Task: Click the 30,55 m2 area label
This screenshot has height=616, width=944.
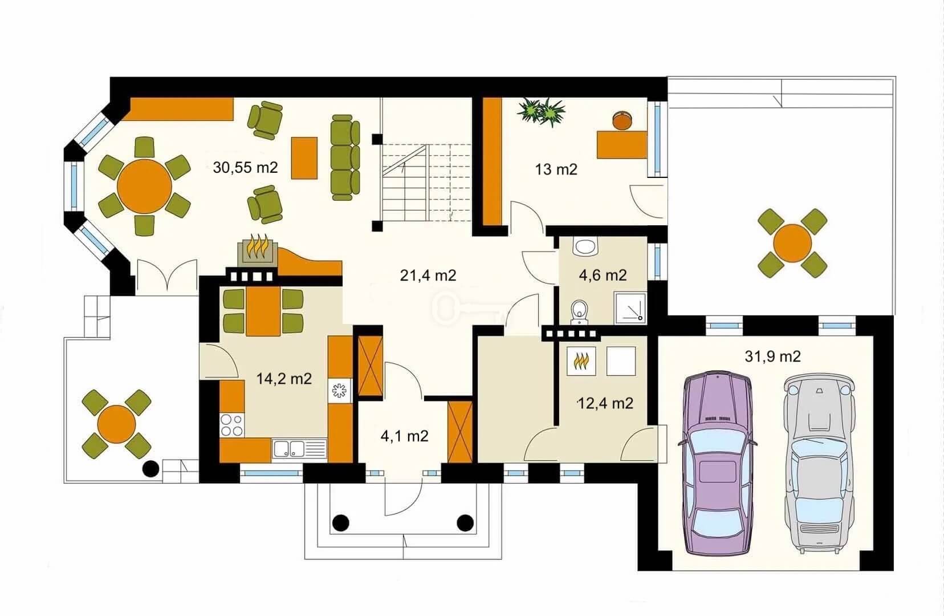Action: pos(245,168)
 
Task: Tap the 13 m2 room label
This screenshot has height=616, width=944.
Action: pos(556,169)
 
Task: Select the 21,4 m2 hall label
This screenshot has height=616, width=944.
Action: pos(428,275)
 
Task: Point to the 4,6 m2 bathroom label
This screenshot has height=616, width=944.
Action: pos(603,275)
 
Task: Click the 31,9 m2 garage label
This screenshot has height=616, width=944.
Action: pos(772,356)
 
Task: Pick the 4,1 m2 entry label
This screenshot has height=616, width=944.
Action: pos(404,436)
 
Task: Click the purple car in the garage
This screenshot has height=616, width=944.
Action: pos(717,463)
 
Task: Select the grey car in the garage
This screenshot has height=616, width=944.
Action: pos(819,463)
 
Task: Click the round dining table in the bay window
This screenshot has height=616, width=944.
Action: pos(145,186)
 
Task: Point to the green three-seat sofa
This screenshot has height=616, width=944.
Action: pos(345,157)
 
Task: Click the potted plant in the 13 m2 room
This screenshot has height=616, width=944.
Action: pos(541,111)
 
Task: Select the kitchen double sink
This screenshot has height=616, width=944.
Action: pos(299,449)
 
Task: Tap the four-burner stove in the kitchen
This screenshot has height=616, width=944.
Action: pos(232,425)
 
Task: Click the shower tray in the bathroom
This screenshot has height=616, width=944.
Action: pos(630,308)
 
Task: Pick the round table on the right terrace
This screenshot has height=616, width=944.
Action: pos(792,244)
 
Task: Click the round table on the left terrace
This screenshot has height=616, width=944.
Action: pos(116,424)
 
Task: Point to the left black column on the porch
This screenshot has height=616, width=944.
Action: pos(340,523)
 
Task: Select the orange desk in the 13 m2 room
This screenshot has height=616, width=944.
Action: pos(622,145)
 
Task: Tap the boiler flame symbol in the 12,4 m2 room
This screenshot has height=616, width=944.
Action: pos(581,361)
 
